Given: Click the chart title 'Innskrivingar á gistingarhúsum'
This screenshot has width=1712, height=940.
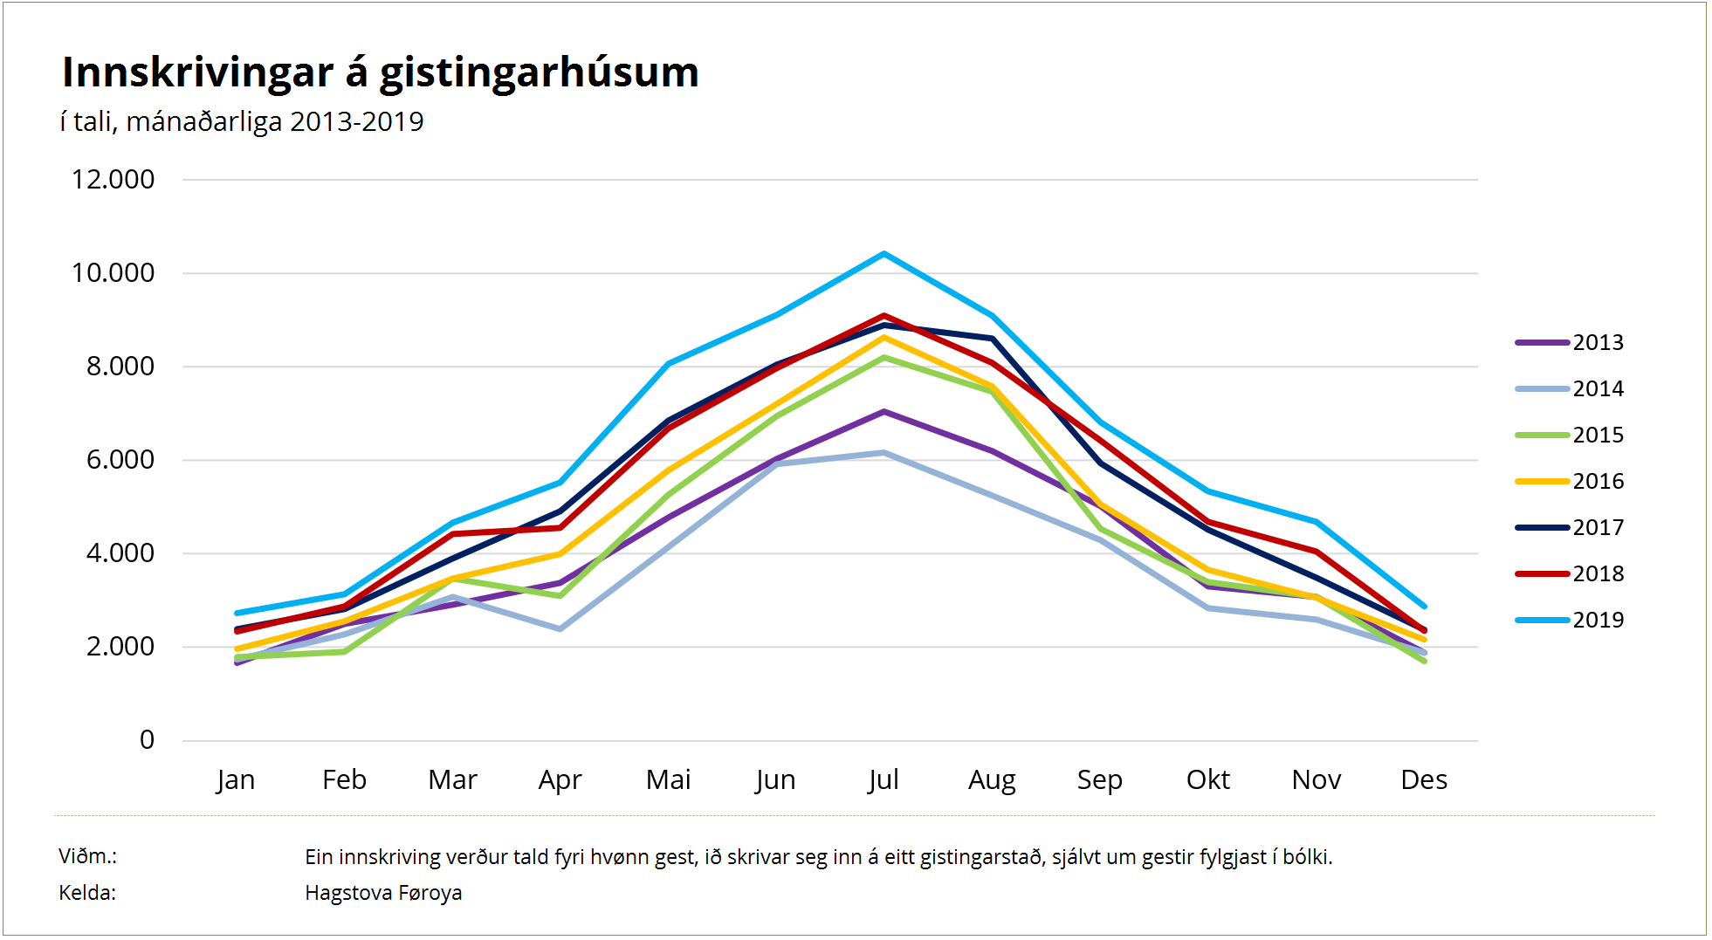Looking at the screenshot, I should [380, 72].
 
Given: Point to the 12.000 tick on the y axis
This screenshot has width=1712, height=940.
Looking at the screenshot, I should [113, 180].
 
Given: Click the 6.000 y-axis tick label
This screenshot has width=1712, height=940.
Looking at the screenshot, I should [120, 460].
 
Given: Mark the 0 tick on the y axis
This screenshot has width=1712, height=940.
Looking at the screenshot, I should [147, 740].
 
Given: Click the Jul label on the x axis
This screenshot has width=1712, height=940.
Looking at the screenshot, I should [884, 779].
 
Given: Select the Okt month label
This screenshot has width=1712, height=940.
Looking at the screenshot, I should [1207, 779].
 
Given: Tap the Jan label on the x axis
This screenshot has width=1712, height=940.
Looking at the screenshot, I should [236, 779].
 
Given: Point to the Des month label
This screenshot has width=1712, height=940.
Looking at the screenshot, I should [1423, 779].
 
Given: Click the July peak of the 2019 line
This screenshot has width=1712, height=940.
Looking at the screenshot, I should [884, 254].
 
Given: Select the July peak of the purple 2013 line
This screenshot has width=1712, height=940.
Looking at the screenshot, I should [884, 411].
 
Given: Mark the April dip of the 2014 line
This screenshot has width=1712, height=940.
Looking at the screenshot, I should [560, 628].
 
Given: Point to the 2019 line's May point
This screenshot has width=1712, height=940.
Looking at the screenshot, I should [668, 363].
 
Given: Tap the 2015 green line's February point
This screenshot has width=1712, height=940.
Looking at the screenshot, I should [345, 652].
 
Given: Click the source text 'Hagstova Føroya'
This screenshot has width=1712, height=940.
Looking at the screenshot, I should [383, 893].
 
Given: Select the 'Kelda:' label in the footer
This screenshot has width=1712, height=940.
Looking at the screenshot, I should [87, 893].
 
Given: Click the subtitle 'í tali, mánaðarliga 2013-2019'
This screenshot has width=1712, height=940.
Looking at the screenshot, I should [242, 121].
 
